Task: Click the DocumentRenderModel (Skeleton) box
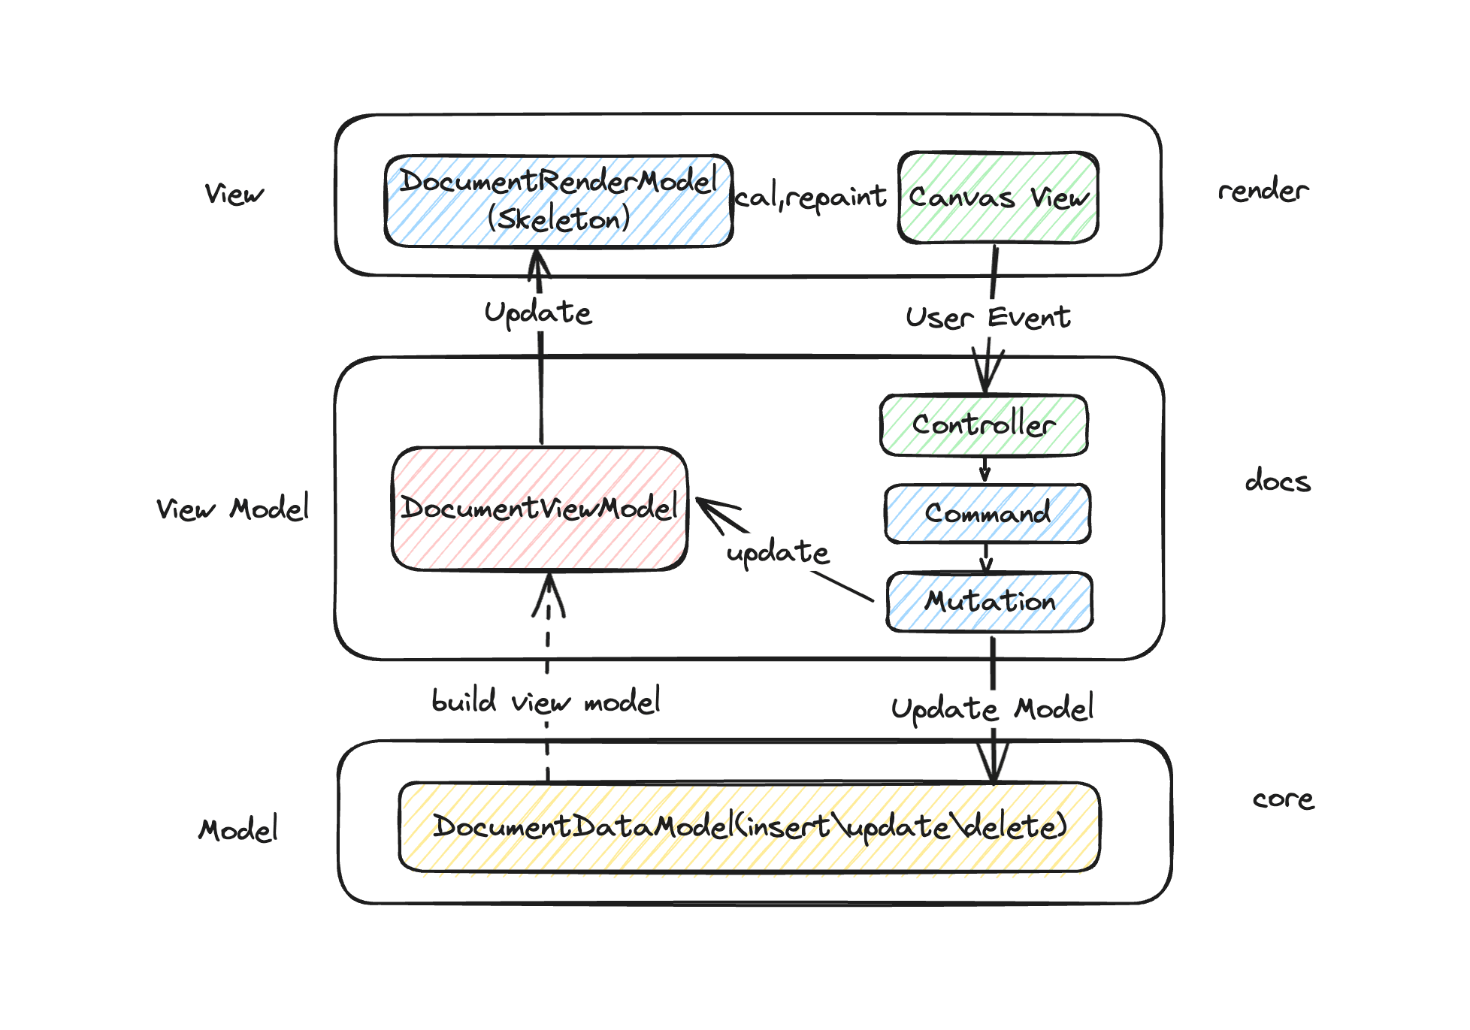tap(558, 201)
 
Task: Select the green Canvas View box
tap(998, 198)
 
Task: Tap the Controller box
tap(984, 425)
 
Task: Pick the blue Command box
tap(988, 514)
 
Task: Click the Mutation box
tap(990, 602)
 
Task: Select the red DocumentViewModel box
tap(540, 509)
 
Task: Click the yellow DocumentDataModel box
tap(749, 827)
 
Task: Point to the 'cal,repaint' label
tap(811, 198)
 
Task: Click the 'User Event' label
tap(988, 318)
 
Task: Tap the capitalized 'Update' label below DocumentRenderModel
tap(538, 313)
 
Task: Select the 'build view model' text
tap(546, 702)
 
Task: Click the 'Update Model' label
tap(992, 708)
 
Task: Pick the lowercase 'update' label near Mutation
tap(778, 553)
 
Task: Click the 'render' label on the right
tap(1263, 191)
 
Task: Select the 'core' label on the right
tap(1284, 799)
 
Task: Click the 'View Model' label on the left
tap(232, 509)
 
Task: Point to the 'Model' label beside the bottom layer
tap(238, 830)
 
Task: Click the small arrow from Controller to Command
tap(985, 470)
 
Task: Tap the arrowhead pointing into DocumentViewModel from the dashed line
tap(549, 594)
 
